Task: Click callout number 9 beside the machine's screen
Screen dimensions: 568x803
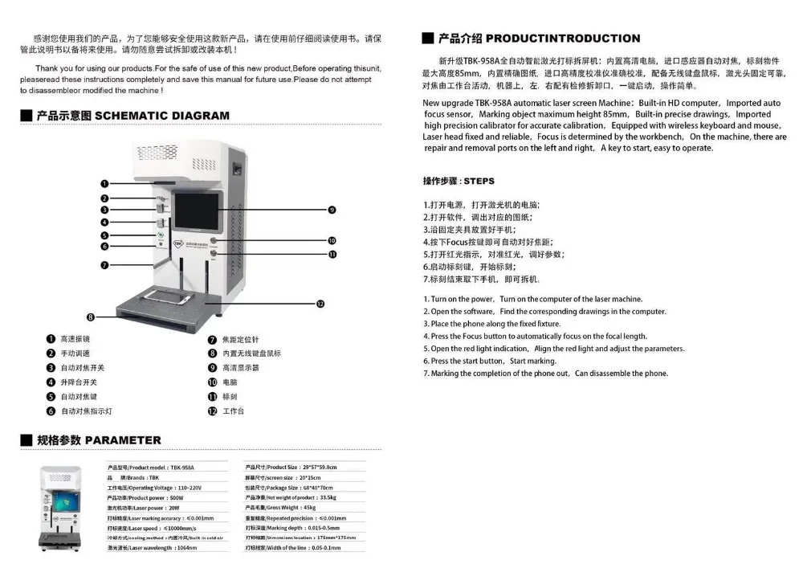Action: [331, 210]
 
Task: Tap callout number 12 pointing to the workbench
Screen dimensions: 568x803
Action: [320, 304]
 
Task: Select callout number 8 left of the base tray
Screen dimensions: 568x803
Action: [91, 317]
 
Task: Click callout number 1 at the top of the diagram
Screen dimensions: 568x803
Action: [104, 184]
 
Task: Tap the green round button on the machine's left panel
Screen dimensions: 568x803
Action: [160, 235]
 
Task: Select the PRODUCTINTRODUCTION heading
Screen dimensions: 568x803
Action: [539, 38]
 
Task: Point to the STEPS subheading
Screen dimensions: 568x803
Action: [459, 182]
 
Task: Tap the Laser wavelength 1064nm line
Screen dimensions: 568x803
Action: [153, 548]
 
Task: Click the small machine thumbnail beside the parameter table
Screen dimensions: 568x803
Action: [62, 507]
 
